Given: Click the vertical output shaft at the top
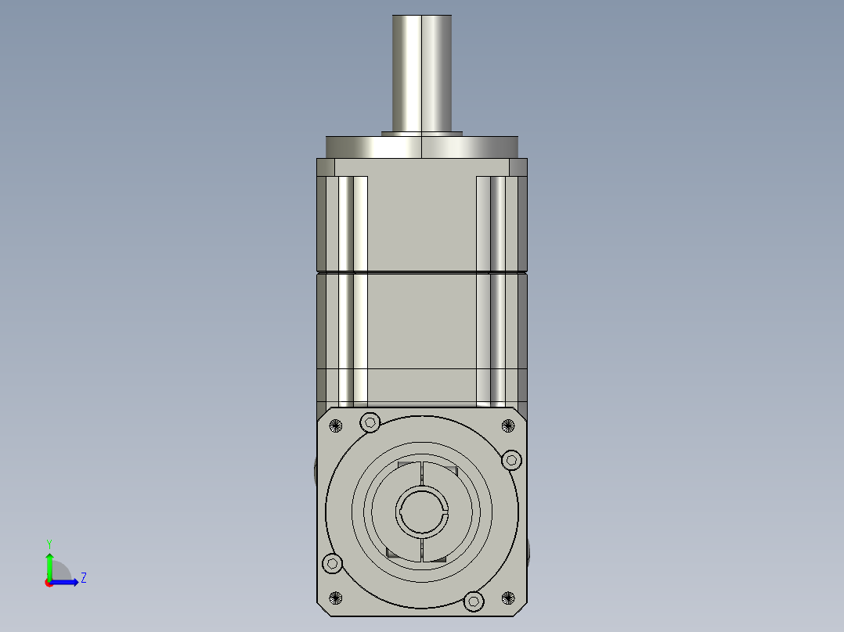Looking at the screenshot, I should [422, 70].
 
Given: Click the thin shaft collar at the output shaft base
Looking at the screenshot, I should [422, 133].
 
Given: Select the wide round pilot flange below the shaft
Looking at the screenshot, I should [422, 147].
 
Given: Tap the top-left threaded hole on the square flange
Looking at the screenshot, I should [337, 426].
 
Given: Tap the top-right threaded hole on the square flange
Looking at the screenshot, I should [508, 426].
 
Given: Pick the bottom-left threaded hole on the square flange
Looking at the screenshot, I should [337, 598].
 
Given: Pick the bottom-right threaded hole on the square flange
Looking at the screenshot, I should [508, 598].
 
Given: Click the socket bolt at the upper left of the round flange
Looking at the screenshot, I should [370, 423].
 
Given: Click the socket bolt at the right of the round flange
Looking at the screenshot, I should [511, 460].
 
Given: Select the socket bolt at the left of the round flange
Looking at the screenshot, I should [333, 563].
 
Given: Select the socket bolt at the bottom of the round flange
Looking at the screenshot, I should [474, 601].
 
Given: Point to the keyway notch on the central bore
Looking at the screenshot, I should [445, 512].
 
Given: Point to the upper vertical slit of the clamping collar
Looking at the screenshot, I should [422, 474].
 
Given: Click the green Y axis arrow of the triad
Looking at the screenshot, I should [49, 562].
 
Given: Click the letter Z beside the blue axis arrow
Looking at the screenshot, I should [83, 578].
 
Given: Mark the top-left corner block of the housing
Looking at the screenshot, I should [326, 167].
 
